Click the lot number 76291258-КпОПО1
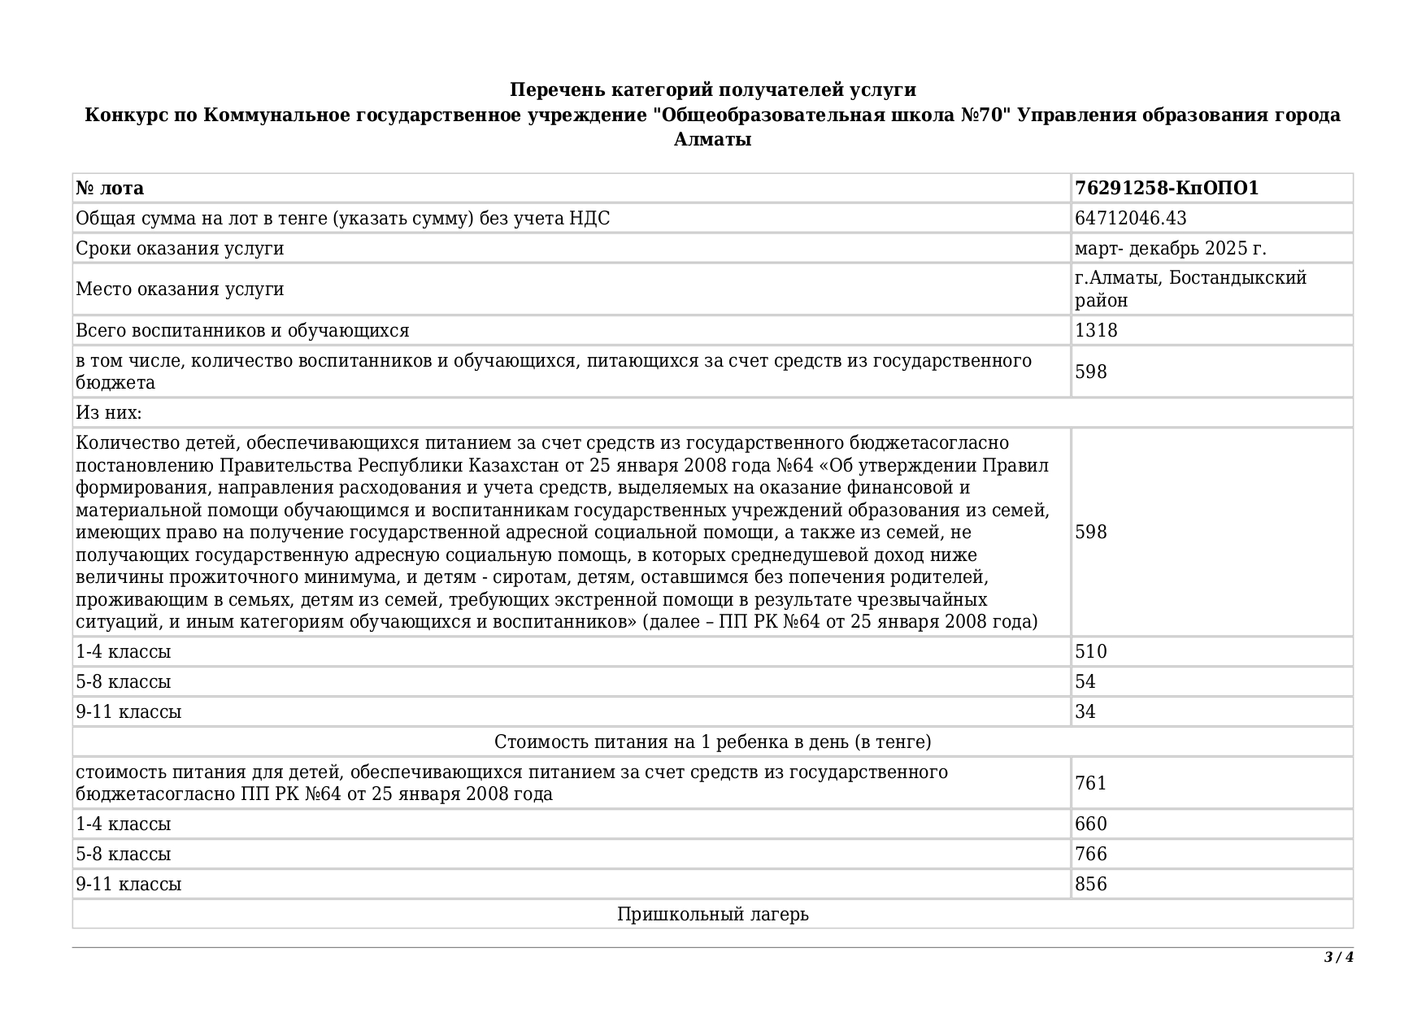point(1166,189)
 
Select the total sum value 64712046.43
point(1130,219)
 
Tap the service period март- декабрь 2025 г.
point(1170,249)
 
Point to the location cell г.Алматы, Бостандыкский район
point(1189,289)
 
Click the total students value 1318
point(1096,331)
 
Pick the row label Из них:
point(108,413)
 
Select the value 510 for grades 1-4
point(1091,652)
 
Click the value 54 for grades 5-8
point(1085,682)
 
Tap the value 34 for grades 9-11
point(1085,712)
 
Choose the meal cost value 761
point(1091,783)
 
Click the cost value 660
point(1091,824)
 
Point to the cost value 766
point(1091,855)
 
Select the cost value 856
point(1091,885)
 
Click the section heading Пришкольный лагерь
point(712,915)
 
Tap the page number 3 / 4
point(1338,957)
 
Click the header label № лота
point(110,189)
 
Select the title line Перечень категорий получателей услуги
point(712,89)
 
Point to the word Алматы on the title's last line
point(712,140)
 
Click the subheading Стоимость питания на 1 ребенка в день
point(712,742)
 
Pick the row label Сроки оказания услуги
point(180,249)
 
